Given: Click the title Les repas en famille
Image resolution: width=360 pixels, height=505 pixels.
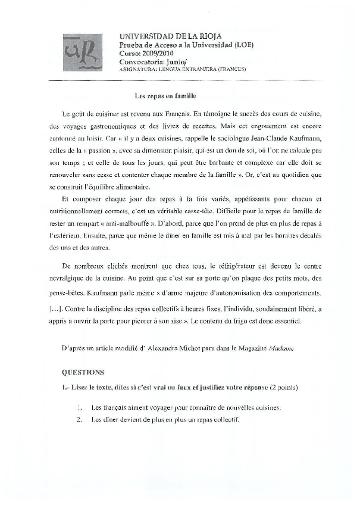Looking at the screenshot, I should click(x=165, y=95).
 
